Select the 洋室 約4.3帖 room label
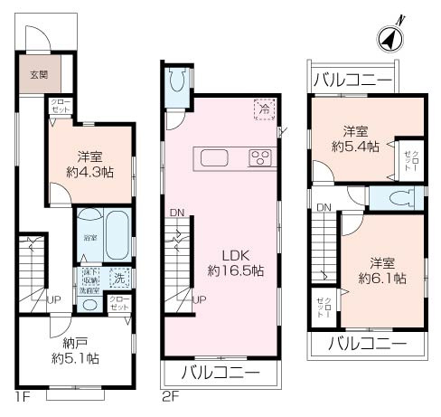click(x=89, y=161)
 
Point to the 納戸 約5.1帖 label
click(x=76, y=351)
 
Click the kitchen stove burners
click(x=261, y=159)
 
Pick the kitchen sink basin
click(x=214, y=158)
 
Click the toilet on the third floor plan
click(x=399, y=199)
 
